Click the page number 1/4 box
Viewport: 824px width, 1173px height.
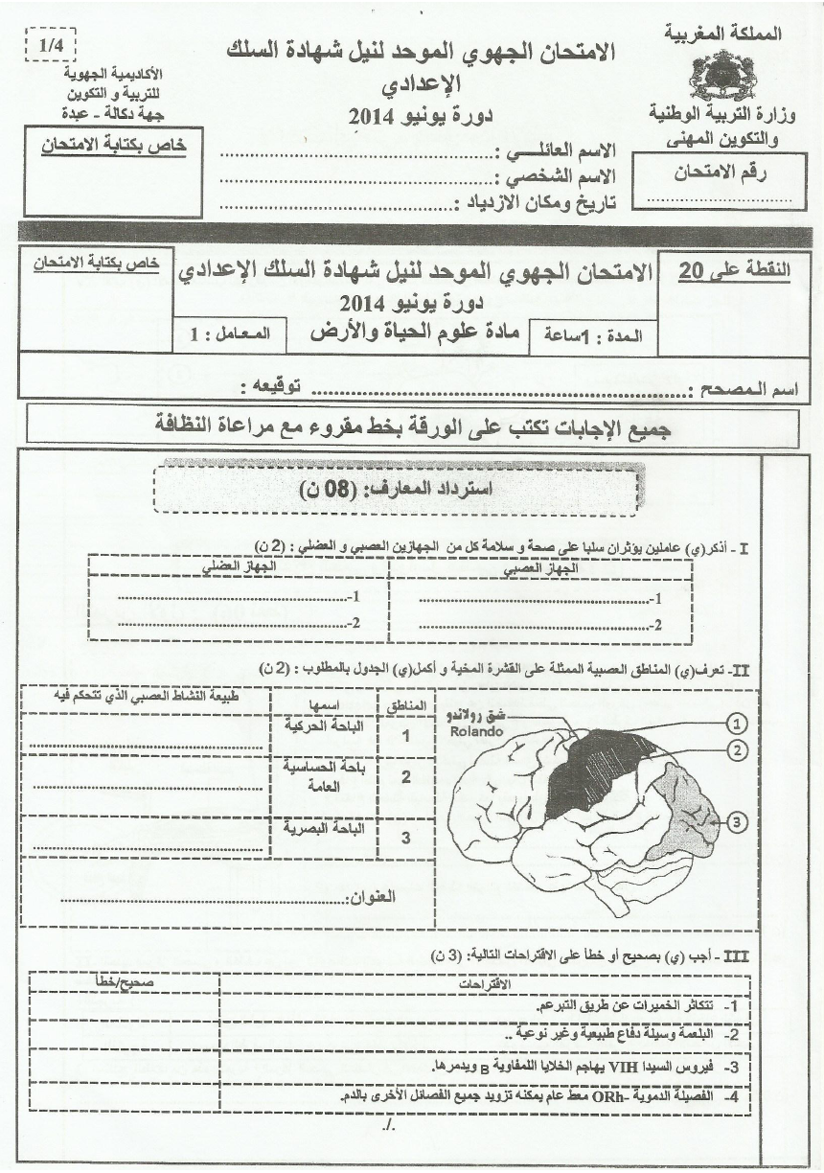pos(48,44)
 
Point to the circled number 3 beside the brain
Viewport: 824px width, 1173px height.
pos(736,821)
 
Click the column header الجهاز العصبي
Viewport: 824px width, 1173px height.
pos(540,567)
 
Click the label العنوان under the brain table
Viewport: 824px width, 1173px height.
pos(367,898)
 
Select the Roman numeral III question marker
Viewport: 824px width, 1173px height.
pos(738,954)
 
